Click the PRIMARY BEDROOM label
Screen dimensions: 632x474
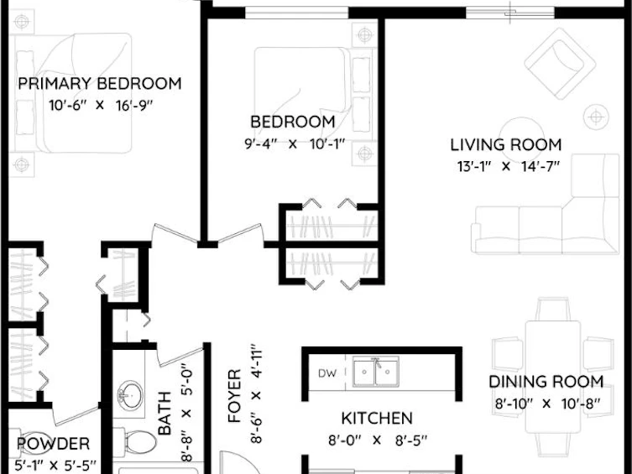[x=100, y=84]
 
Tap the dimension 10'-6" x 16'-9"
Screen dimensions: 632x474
[x=101, y=106]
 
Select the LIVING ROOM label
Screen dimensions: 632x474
[x=506, y=145]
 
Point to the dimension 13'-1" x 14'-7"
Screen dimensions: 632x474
[x=509, y=166]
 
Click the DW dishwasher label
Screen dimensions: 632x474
[x=326, y=373]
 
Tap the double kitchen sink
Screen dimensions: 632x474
[x=376, y=372]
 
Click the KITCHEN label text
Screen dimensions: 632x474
[x=377, y=419]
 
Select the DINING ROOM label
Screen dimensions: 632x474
[x=546, y=382]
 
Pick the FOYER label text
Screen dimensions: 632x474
[x=234, y=395]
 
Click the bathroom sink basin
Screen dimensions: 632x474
[x=130, y=394]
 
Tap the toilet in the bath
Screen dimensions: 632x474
[x=135, y=442]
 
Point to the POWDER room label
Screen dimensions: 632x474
[x=53, y=444]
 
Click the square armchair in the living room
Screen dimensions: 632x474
[x=560, y=64]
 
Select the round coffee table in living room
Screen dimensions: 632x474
[x=521, y=138]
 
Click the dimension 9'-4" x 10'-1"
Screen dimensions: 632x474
[x=295, y=143]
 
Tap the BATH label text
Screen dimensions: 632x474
[x=165, y=414]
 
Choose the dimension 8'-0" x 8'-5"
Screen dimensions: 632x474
[x=377, y=440]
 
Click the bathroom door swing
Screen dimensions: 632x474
[x=180, y=357]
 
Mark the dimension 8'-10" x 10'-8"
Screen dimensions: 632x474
[x=548, y=404]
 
